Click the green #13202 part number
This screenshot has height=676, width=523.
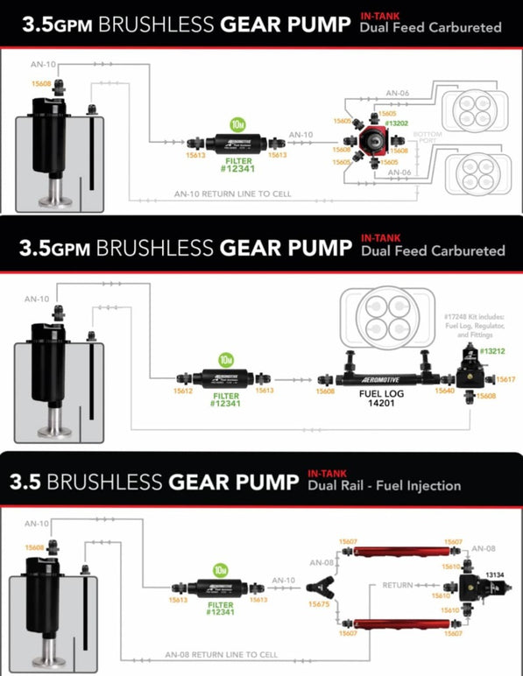pos(399,123)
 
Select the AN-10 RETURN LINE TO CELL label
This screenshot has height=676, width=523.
pos(232,194)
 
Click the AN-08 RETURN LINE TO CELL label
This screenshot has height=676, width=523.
pos(221,654)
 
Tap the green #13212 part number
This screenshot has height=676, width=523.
pos(491,351)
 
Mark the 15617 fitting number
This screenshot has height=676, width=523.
pos(506,379)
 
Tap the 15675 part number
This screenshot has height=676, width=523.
pos(318,604)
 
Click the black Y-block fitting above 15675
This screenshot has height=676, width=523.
pos(318,584)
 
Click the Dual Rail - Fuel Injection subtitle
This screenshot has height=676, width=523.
pos(384,485)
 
